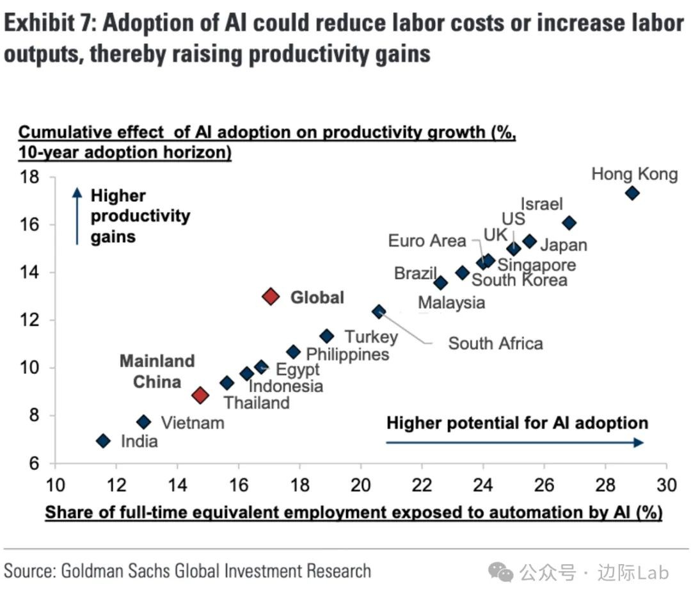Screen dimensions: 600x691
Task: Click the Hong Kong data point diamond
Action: tap(632, 193)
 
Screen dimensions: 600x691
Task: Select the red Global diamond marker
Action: tap(271, 296)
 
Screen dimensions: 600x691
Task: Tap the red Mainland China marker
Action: tap(200, 394)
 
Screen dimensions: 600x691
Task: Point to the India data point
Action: tap(103, 441)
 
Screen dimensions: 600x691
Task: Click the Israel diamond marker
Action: tap(569, 223)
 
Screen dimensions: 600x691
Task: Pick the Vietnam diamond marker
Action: tap(144, 421)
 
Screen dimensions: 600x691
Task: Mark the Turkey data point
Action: tap(327, 336)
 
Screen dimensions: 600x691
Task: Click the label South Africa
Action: tap(495, 343)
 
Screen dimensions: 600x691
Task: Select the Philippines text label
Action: tap(347, 354)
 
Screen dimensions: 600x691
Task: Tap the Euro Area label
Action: tap(427, 241)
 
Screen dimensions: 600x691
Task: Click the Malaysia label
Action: tap(452, 302)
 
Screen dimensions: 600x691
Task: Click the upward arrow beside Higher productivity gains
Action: tap(77, 216)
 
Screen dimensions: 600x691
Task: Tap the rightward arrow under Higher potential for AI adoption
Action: tap(515, 442)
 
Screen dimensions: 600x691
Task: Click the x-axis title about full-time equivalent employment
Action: tap(353, 513)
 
